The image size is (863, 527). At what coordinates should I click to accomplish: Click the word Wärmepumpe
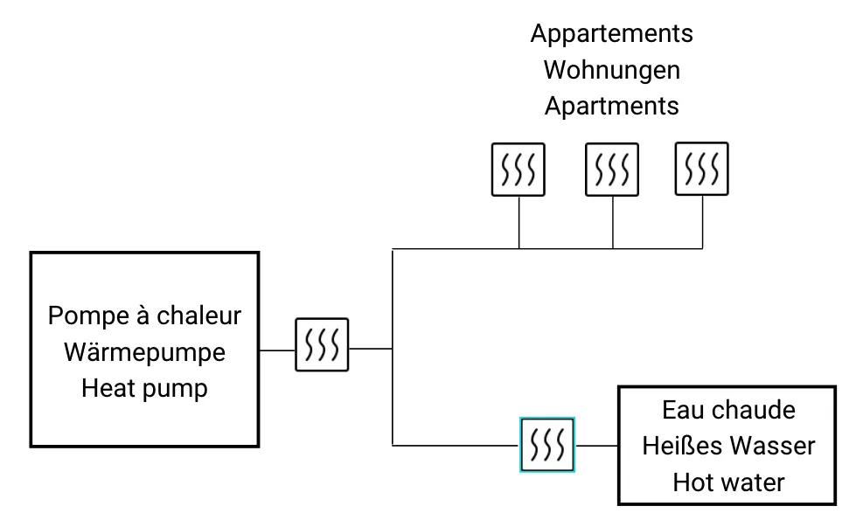(144, 351)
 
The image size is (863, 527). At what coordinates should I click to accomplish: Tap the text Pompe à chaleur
(144, 315)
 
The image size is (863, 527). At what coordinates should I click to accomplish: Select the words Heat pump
(144, 388)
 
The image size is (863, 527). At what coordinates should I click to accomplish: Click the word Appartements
(611, 34)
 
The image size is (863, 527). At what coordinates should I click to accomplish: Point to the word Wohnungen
(611, 70)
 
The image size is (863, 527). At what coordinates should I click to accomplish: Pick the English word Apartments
(611, 106)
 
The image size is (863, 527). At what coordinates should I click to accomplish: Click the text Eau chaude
(728, 410)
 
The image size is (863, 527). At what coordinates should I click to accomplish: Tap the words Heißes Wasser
(728, 446)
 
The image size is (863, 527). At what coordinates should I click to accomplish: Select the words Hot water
(728, 482)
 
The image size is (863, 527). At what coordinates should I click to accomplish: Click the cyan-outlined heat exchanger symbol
(547, 445)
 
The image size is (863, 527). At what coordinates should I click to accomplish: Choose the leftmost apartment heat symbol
(518, 169)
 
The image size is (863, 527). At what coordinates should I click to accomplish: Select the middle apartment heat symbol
(611, 169)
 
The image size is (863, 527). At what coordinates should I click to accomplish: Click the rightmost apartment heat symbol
(702, 169)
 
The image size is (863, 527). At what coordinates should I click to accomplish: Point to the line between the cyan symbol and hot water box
(597, 446)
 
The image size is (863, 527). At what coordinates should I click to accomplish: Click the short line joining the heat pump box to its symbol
(277, 350)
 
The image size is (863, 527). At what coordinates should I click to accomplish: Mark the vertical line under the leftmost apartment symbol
(519, 223)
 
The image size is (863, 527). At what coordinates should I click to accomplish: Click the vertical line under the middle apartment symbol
(612, 223)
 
